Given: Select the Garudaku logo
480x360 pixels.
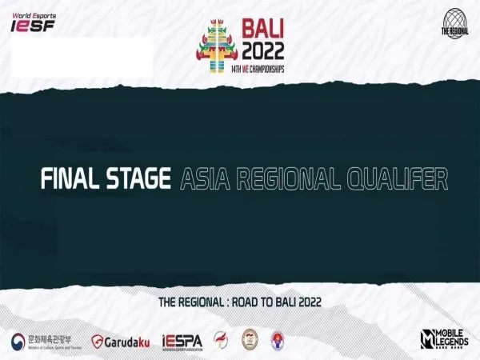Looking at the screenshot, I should (120, 341).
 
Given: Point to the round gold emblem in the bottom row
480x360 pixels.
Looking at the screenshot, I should (250, 341).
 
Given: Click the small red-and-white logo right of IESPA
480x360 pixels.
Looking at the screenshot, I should (220, 340).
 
